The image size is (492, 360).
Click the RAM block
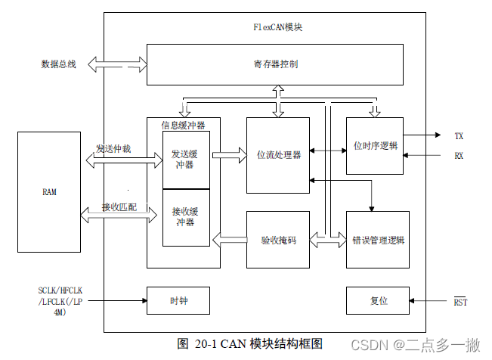click(x=49, y=192)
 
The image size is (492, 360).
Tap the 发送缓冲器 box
click(x=186, y=160)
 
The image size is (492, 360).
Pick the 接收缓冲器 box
click(x=186, y=218)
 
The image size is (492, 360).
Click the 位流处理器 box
click(x=278, y=155)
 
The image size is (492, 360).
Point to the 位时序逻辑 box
click(x=374, y=145)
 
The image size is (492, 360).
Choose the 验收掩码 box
click(x=278, y=240)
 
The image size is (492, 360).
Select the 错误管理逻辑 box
click(x=378, y=241)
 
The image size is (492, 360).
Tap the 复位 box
click(x=378, y=300)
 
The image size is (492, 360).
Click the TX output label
click(x=459, y=136)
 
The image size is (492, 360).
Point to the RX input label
click(x=459, y=156)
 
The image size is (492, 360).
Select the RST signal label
click(x=460, y=303)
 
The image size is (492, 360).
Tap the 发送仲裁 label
click(x=113, y=149)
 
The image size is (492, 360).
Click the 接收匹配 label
click(x=119, y=206)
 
